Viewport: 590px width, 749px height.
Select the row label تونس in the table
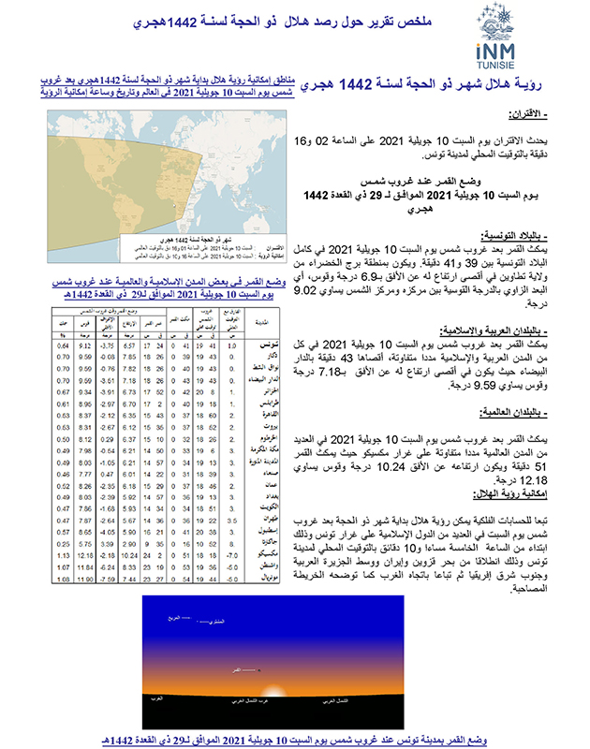click(x=265, y=346)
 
